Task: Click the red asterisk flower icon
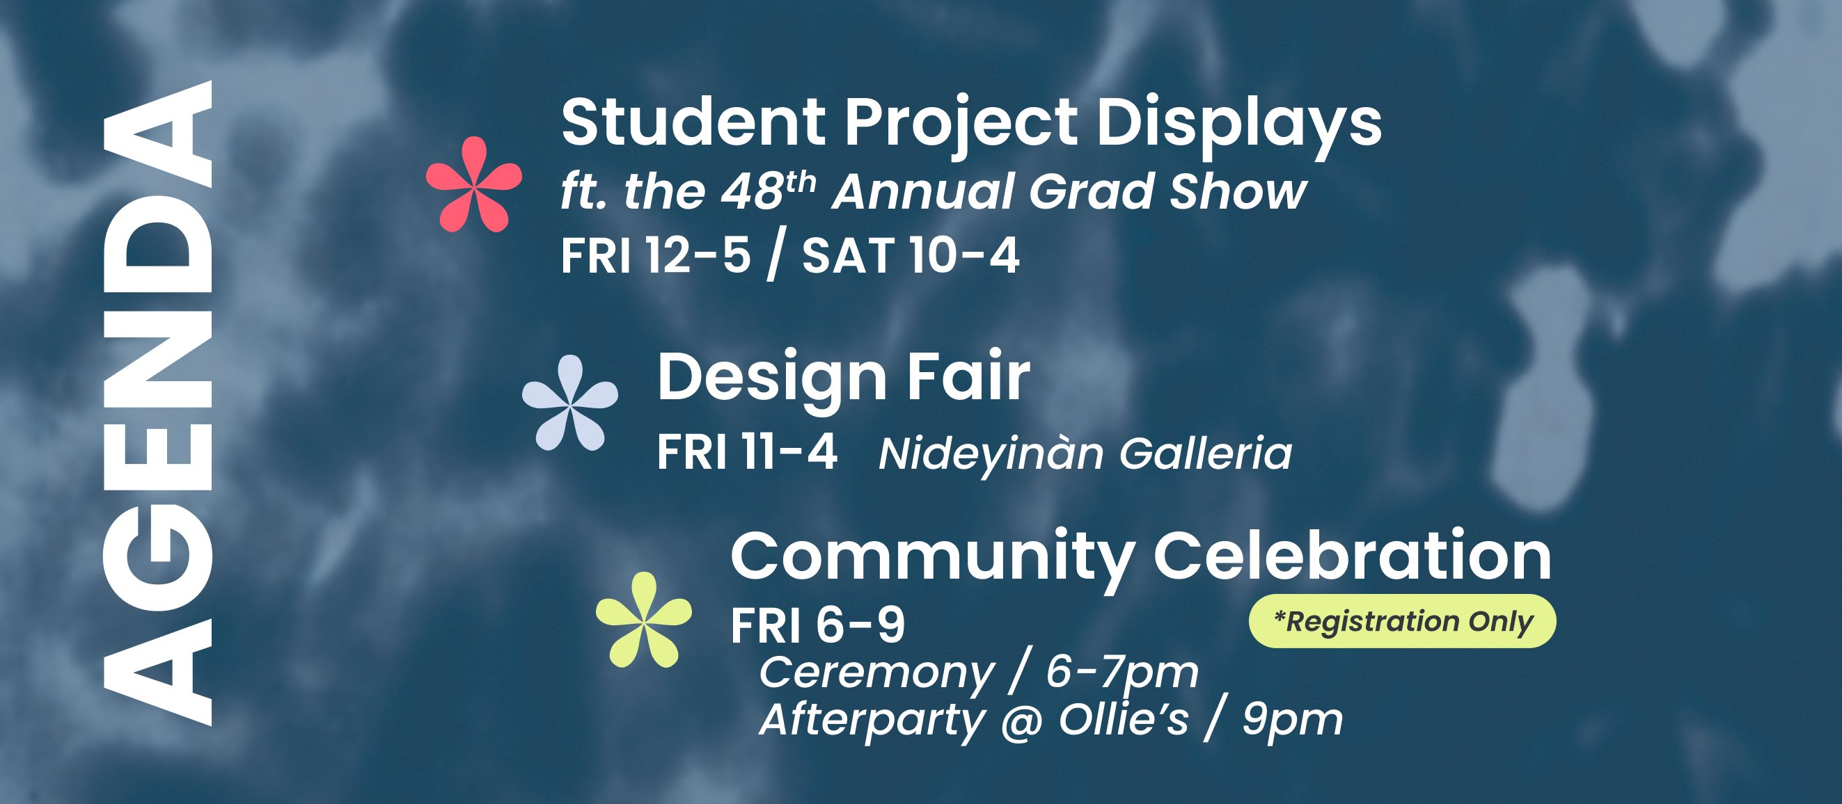474,184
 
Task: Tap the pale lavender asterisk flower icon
570,403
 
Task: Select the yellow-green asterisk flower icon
643,620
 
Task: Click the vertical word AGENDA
158,403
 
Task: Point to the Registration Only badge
1402,621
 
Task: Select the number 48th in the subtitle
768,190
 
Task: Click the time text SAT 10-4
911,255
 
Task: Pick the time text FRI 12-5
656,255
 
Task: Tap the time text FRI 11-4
746,451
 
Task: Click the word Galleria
1206,453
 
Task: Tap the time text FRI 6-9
818,625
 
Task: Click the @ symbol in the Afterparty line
1022,722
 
